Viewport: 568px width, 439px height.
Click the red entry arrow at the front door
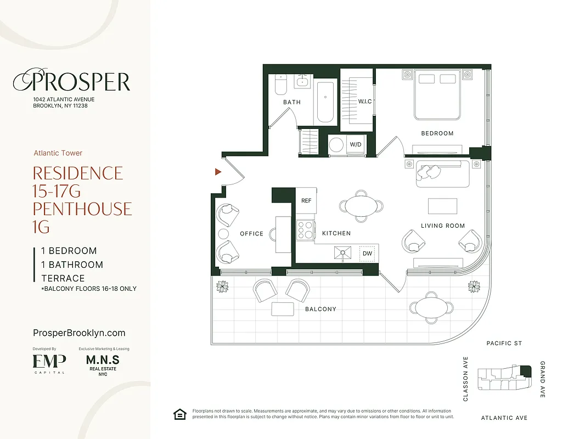tap(218, 172)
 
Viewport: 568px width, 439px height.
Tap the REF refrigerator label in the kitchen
tap(306, 200)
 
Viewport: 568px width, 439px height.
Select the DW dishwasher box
tap(367, 254)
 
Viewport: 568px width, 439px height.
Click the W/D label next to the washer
tap(356, 145)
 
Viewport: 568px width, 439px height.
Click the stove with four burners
tap(305, 230)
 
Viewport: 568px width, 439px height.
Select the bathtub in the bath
tap(326, 103)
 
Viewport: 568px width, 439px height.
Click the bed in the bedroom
tap(437, 94)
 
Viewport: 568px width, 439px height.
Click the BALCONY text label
tap(320, 309)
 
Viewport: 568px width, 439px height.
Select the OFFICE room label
tap(251, 234)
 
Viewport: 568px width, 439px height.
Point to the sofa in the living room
tap(443, 173)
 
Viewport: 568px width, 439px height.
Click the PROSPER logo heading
tap(72, 82)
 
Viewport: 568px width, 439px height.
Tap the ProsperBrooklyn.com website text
tap(79, 333)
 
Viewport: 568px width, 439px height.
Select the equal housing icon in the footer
tap(179, 414)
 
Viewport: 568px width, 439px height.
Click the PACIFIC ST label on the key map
tap(504, 344)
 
